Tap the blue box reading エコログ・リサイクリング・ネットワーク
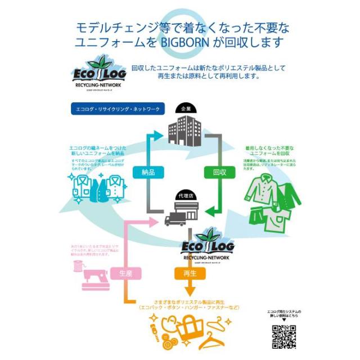[x=116, y=109]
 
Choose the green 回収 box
[x=220, y=173]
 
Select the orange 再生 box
[x=189, y=273]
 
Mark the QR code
[x=283, y=336]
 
